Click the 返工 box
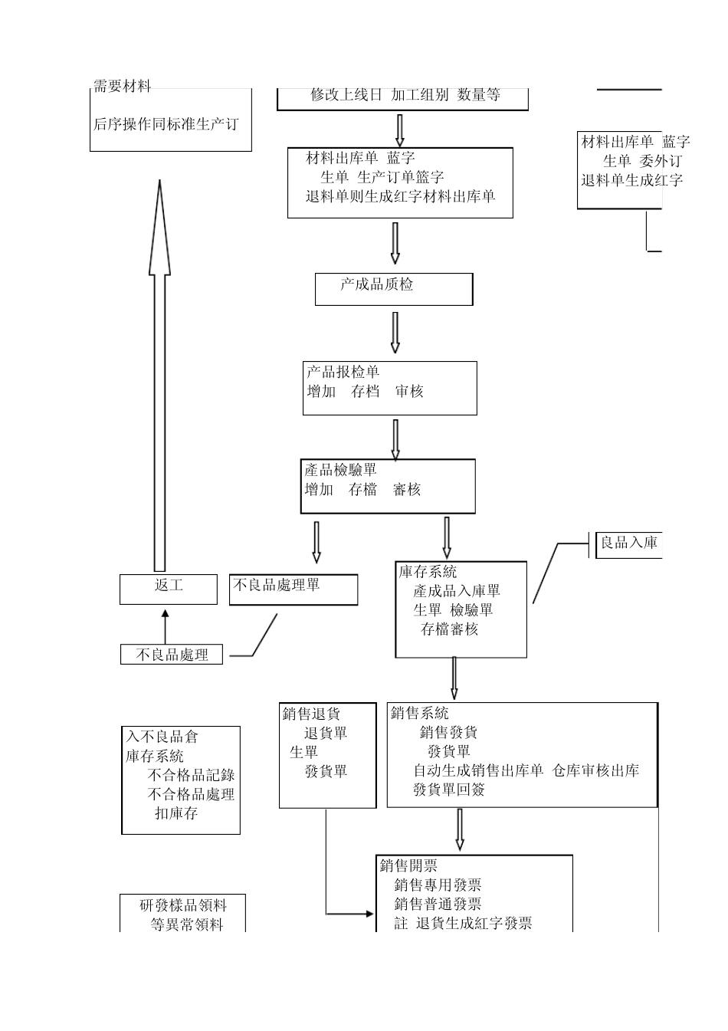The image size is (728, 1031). [169, 589]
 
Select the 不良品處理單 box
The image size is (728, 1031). [293, 589]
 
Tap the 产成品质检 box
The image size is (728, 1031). [394, 289]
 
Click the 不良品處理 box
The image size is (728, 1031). [172, 655]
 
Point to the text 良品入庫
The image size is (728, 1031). [628, 543]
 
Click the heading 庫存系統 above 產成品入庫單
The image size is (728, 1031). [428, 572]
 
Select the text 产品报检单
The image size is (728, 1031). [343, 373]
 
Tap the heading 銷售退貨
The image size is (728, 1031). [311, 714]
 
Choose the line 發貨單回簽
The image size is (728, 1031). [449, 790]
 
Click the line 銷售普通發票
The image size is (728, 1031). [438, 905]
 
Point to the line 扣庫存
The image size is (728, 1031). [176, 813]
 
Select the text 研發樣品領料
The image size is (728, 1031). [183, 905]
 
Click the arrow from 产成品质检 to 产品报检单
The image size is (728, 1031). [395, 332]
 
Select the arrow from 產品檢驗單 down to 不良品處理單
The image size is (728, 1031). [316, 542]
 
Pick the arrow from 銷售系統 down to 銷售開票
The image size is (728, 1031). [459, 829]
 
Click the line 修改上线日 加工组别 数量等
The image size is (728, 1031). [405, 95]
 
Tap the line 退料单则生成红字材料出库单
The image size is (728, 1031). [401, 196]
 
